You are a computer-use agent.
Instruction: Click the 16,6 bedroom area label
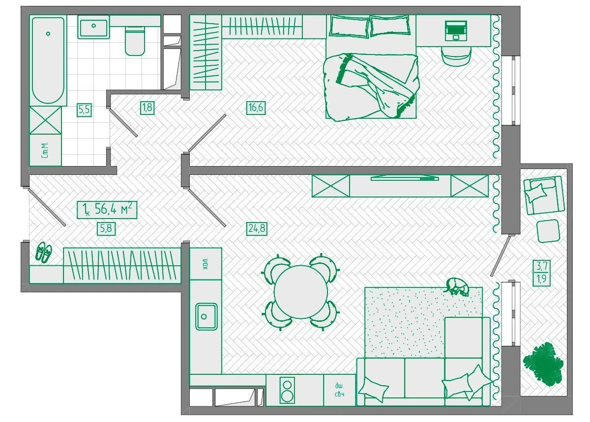pos(256,108)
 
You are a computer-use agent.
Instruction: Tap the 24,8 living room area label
pos(257,228)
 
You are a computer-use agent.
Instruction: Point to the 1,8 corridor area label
pos(147,108)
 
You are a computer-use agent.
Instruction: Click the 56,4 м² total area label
pos(112,210)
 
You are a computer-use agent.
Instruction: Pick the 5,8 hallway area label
pos(106,228)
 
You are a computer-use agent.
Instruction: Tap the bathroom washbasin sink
pos(93,27)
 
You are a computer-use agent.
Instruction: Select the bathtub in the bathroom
pos(48,60)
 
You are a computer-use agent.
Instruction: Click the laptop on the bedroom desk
pos(456,31)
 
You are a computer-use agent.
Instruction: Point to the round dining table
pos(300,292)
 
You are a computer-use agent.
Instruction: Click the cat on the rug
pos(457,286)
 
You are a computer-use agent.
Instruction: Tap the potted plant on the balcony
pos(543,364)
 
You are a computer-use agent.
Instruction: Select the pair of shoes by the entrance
pos(44,252)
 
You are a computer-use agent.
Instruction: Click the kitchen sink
pos(206,317)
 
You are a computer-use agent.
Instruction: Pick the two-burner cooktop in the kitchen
pos(287,391)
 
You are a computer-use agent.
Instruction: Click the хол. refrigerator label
pos(206,263)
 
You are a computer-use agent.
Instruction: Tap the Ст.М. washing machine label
pos(45,150)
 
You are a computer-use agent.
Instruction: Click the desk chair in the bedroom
pos(456,56)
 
